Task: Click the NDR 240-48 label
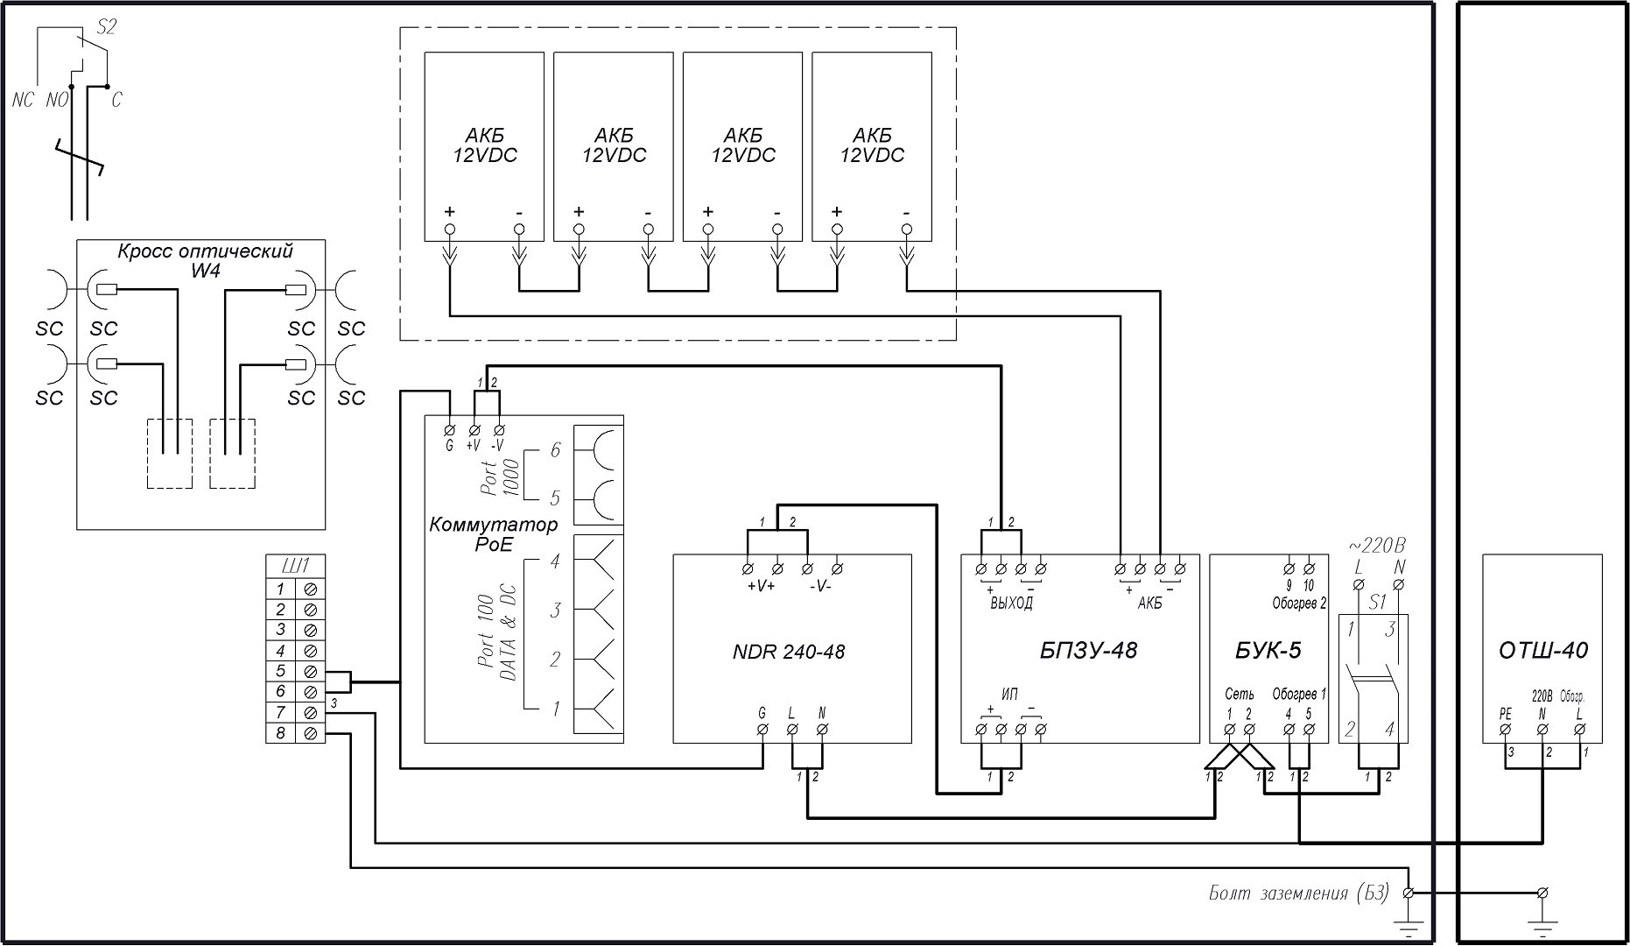pyautogui.click(x=788, y=652)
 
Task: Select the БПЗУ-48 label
pyautogui.click(x=1088, y=650)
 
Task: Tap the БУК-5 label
pyautogui.click(x=1268, y=650)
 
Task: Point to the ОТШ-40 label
pyautogui.click(x=1542, y=650)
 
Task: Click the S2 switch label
pyautogui.click(x=105, y=26)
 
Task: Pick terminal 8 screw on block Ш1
pyautogui.click(x=310, y=733)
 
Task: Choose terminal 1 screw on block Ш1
pyautogui.click(x=310, y=589)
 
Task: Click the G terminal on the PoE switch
pyautogui.click(x=450, y=430)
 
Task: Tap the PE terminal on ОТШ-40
pyautogui.click(x=1505, y=729)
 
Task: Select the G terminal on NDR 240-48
pyautogui.click(x=762, y=729)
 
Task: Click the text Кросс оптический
pyautogui.click(x=205, y=251)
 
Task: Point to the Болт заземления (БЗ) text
pyautogui.click(x=1298, y=893)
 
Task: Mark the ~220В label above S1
pyautogui.click(x=1376, y=545)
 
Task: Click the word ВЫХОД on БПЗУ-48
pyautogui.click(x=1011, y=604)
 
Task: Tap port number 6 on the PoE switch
pyautogui.click(x=555, y=450)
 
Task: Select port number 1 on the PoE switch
pyautogui.click(x=555, y=709)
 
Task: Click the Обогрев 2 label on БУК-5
pyautogui.click(x=1299, y=604)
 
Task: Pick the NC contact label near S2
pyautogui.click(x=23, y=100)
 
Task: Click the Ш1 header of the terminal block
pyautogui.click(x=295, y=565)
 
